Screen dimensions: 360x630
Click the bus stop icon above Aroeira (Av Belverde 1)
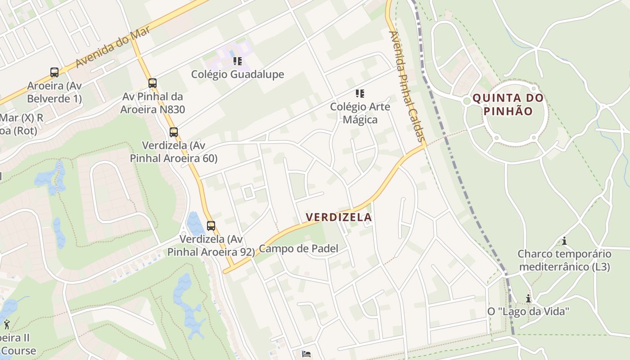(x=54, y=72)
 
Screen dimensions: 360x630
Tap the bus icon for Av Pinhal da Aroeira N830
(x=153, y=83)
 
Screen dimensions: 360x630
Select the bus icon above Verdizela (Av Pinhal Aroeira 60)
(x=174, y=132)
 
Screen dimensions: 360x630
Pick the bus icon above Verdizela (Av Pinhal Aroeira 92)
(x=211, y=226)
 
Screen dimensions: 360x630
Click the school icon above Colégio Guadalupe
(x=237, y=61)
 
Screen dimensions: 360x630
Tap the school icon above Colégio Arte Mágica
(x=360, y=94)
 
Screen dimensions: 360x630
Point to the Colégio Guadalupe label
(x=238, y=74)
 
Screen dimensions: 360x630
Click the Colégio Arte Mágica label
(x=360, y=113)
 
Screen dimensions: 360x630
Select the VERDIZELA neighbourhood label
(x=339, y=217)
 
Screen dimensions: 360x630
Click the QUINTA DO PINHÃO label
(x=508, y=104)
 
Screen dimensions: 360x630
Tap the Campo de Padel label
(x=299, y=249)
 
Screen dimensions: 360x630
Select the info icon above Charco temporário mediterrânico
(x=564, y=241)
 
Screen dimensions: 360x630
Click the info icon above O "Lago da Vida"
(x=528, y=298)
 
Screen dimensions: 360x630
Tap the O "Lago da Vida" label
(x=529, y=311)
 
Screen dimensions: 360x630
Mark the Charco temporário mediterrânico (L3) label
(x=564, y=260)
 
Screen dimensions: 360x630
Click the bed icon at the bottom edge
(x=306, y=354)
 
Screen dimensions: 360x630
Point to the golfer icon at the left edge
(x=6, y=324)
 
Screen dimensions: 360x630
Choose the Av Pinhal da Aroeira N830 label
(x=153, y=103)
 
